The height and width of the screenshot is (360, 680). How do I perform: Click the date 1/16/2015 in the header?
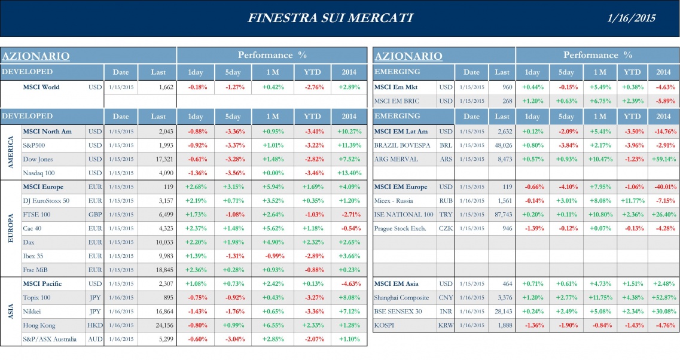pyautogui.click(x=631, y=18)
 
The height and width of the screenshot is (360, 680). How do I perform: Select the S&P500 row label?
pyautogui.click(x=36, y=145)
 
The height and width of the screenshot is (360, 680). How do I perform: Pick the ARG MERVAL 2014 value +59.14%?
pyautogui.click(x=663, y=159)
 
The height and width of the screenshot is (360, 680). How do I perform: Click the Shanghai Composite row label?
pyautogui.click(x=401, y=298)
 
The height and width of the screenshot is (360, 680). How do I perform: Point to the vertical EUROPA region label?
pyautogui.click(x=10, y=228)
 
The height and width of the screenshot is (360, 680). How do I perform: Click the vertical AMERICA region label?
pyautogui.click(x=10, y=152)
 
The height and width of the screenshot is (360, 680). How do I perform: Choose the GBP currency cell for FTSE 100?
pyautogui.click(x=95, y=215)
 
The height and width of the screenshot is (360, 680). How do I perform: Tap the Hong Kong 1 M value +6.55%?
pyautogui.click(x=272, y=325)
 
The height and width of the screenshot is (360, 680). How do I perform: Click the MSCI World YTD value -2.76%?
pyautogui.click(x=312, y=87)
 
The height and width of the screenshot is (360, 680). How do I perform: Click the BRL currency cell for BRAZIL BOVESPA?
pyautogui.click(x=446, y=145)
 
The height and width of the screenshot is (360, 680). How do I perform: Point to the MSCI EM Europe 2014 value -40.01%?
pyautogui.click(x=663, y=187)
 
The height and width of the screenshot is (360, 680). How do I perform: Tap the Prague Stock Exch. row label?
pyautogui.click(x=400, y=228)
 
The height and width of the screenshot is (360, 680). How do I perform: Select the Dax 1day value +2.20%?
pyautogui.click(x=196, y=242)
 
